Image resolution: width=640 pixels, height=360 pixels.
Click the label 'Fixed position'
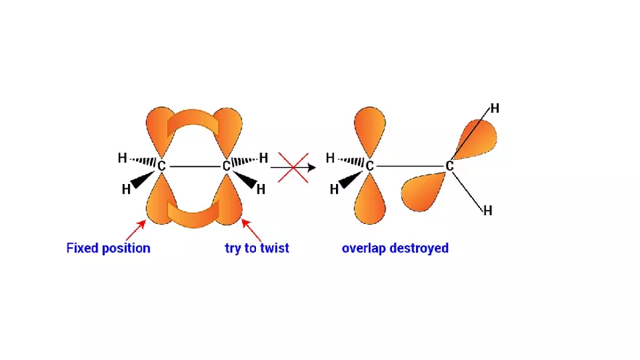click(x=108, y=248)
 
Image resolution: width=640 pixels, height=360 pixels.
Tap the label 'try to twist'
click(x=257, y=248)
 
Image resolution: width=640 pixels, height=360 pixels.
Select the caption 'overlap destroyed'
click(x=395, y=248)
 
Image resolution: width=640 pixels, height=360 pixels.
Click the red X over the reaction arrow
click(x=293, y=167)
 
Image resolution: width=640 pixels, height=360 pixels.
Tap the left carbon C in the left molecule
click(x=161, y=167)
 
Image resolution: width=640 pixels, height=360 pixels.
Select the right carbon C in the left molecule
click(x=226, y=167)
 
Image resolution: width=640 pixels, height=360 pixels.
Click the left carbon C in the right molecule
click(x=369, y=167)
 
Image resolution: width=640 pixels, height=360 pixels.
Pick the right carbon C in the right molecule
click(x=449, y=167)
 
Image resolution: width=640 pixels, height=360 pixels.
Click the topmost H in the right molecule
click(x=495, y=109)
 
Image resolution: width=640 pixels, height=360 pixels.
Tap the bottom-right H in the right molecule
click(x=488, y=211)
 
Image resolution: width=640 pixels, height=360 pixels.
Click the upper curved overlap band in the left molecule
click(x=193, y=124)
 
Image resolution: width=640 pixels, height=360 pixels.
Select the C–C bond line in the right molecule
click(x=409, y=167)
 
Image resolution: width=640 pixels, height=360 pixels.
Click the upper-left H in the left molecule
click(x=122, y=158)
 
